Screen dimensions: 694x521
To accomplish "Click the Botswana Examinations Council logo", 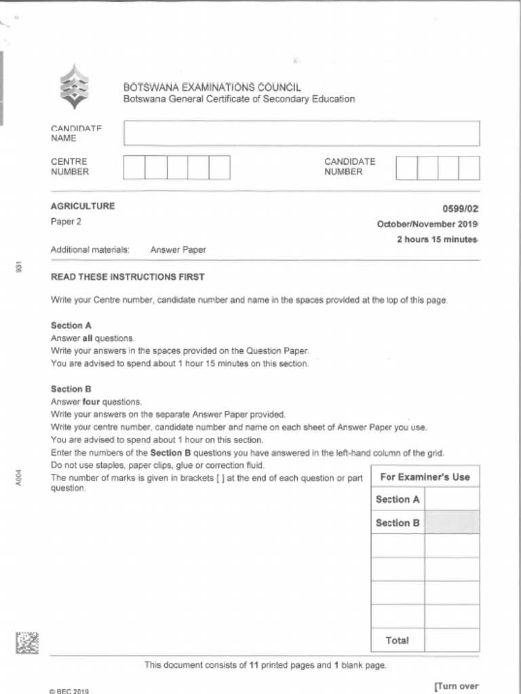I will tap(74, 87).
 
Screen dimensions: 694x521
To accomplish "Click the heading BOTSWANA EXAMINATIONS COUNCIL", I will tap(212, 87).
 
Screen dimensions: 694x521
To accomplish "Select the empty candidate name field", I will tap(301, 134).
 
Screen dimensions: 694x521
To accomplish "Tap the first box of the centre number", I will tap(134, 167).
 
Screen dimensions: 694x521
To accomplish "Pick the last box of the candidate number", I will tap(469, 168).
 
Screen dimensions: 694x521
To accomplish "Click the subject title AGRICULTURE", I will tap(83, 207).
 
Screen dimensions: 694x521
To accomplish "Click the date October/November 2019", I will tap(427, 224).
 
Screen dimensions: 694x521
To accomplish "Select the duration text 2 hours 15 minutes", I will tap(438, 239).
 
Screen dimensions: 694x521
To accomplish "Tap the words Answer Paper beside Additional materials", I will tap(178, 250).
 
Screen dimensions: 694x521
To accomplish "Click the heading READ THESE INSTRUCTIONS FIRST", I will tap(128, 277).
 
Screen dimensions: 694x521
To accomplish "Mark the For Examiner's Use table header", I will tap(425, 477).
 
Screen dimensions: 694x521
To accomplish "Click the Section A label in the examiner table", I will tap(398, 499).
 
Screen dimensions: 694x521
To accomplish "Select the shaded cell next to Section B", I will tap(452, 523).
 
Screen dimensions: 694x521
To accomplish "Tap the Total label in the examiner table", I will tap(398, 640).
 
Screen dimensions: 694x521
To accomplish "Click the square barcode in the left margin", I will tap(27, 642).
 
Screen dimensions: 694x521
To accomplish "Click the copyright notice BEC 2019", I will tap(69, 691).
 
